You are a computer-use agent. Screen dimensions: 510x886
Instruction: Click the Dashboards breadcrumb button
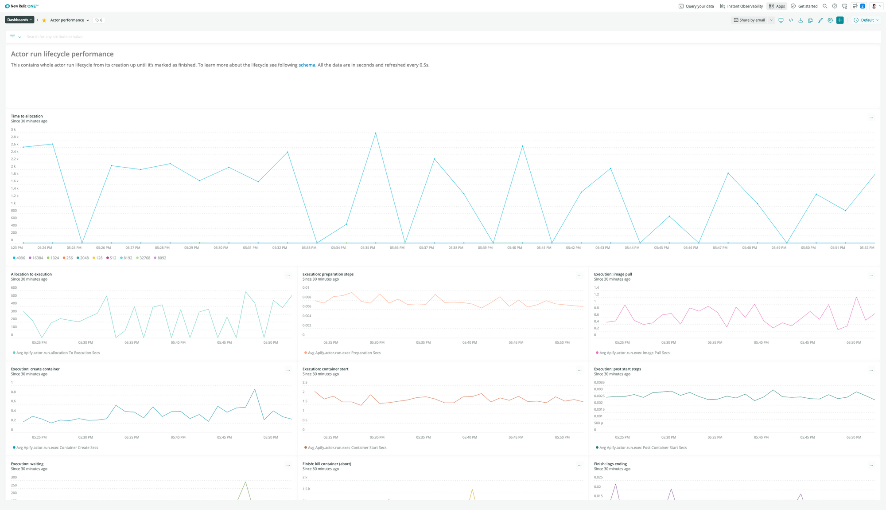pos(19,20)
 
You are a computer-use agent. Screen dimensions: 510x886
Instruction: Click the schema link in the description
pos(307,65)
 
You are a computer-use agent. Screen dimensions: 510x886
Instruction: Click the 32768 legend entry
pos(144,258)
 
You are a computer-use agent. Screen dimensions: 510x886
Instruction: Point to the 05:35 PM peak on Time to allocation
pos(376,133)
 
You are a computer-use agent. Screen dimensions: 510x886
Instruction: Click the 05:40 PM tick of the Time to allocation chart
pos(514,248)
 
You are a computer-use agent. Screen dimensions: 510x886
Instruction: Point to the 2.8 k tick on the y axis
pos(15,137)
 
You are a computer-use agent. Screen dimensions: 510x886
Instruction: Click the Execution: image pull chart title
pos(613,275)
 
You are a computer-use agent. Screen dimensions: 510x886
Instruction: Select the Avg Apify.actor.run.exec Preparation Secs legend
pos(344,353)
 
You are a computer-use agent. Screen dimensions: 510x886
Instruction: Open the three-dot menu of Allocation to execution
pos(288,276)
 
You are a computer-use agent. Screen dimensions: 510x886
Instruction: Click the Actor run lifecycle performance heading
pos(62,54)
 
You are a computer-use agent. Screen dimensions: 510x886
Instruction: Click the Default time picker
pos(866,20)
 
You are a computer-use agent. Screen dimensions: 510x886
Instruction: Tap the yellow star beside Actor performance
pos(44,20)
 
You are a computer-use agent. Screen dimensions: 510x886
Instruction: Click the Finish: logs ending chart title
pos(610,464)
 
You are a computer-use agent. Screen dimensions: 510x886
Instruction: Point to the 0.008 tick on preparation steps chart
pos(307,297)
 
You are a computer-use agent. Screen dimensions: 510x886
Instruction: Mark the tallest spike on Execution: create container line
pos(255,389)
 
